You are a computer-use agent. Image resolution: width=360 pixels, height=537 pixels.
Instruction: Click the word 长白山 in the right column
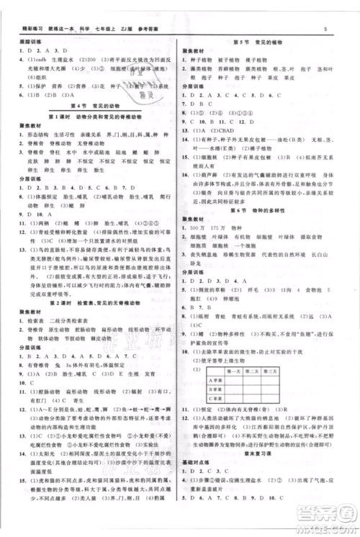point(336,255)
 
